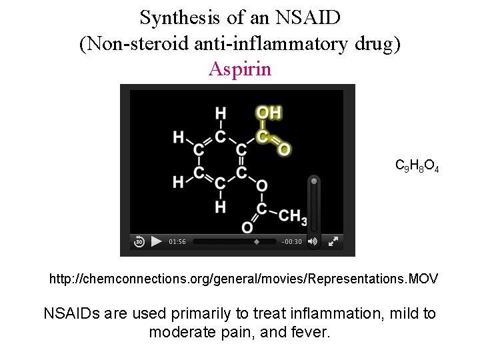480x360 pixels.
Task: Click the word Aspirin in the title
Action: click(x=240, y=69)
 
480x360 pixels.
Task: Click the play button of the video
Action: click(x=156, y=241)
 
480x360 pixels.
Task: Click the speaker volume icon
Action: click(x=313, y=241)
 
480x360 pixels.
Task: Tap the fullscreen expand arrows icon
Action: click(x=333, y=241)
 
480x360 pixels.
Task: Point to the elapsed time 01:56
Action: click(x=177, y=242)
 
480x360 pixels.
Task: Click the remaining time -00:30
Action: click(x=292, y=242)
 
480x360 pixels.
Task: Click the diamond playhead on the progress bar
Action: click(x=257, y=242)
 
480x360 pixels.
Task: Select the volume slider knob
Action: click(x=314, y=180)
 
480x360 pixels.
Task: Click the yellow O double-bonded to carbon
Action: click(x=284, y=149)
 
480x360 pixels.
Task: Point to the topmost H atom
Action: click(x=221, y=113)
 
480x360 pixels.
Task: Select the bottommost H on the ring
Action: click(x=221, y=207)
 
